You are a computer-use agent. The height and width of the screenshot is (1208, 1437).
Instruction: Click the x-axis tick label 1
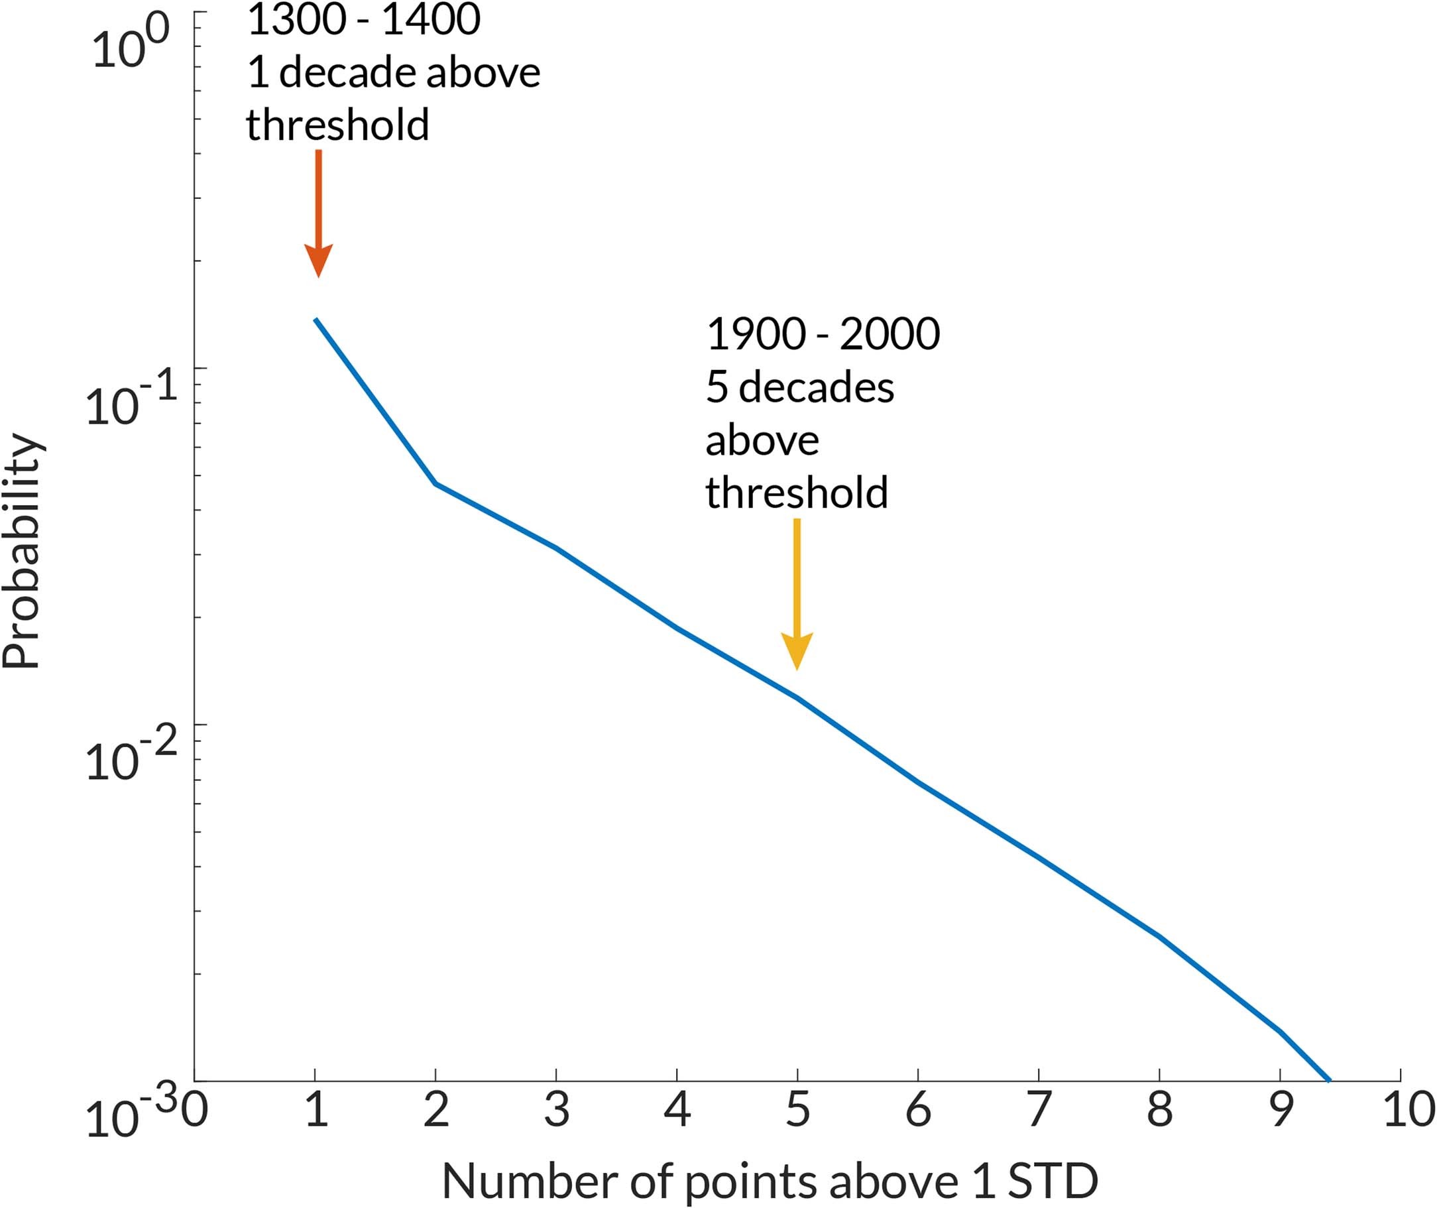coord(315,1110)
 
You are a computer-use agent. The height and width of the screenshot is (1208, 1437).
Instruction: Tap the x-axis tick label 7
coord(1039,1110)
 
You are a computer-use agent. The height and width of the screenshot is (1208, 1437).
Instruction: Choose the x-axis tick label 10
coord(1408,1110)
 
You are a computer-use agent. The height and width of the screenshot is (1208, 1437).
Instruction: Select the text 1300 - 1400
coord(363,21)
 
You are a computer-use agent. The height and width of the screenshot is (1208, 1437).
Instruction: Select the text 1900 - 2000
coord(822,335)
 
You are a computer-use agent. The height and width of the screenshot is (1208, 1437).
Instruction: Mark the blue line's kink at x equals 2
coord(435,483)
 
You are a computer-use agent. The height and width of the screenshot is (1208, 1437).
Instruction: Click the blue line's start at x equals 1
coord(316,320)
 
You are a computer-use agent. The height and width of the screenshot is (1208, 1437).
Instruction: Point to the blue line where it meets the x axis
coord(1328,1080)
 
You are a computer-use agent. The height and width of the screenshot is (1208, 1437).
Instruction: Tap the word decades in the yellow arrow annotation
coord(816,389)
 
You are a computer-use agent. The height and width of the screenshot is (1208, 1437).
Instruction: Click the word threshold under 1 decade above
coord(337,125)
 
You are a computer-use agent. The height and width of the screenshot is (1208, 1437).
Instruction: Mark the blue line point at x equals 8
coord(1159,936)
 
